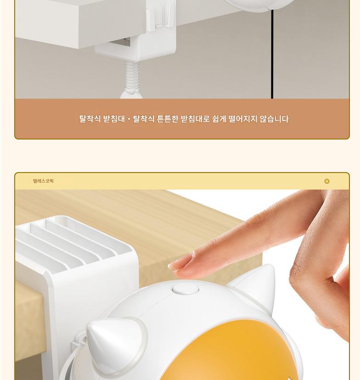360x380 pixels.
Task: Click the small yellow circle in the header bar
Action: point(327,181)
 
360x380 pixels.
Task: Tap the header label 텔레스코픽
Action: point(44,181)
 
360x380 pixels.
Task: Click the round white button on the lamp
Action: point(186,289)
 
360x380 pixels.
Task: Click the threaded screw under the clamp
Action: point(132,75)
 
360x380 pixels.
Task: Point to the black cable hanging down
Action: point(272,53)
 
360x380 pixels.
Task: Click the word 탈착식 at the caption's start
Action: point(90,119)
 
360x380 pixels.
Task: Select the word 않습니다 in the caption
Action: point(274,119)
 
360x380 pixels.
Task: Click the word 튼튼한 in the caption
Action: point(168,119)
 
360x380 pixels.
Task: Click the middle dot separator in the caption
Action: point(129,119)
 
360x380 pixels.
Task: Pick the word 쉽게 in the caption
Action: point(219,119)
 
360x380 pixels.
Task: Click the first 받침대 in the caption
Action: point(114,119)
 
